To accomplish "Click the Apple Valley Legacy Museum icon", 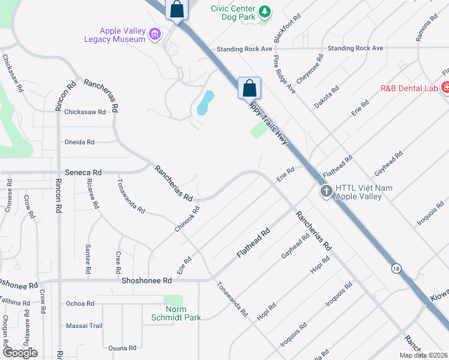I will pyautogui.click(x=155, y=34).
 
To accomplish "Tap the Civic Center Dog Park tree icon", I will pyautogui.click(x=264, y=11).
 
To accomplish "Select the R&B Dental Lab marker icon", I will pyautogui.click(x=446, y=88).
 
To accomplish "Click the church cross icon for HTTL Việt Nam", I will pyautogui.click(x=326, y=191).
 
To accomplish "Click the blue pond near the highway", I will pyautogui.click(x=205, y=103).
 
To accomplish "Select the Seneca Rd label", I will pyautogui.click(x=84, y=172).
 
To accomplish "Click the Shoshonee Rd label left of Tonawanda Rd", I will pyautogui.click(x=146, y=280).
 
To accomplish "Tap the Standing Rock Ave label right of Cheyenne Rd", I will pyautogui.click(x=355, y=48).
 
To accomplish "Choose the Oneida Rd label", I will pyautogui.click(x=80, y=142).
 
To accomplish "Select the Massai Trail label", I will pyautogui.click(x=85, y=326).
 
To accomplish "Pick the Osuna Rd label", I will pyautogui.click(x=122, y=347).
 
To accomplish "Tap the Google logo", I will pyautogui.click(x=20, y=353).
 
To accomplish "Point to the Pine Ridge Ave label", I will pyautogui.click(x=285, y=74).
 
